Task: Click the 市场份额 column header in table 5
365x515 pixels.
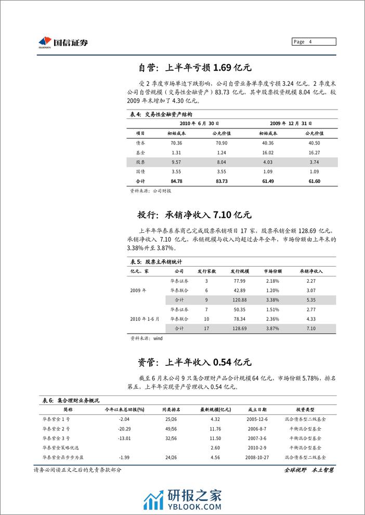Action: (x=273, y=271)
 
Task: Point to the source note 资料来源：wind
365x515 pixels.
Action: (x=146, y=338)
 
